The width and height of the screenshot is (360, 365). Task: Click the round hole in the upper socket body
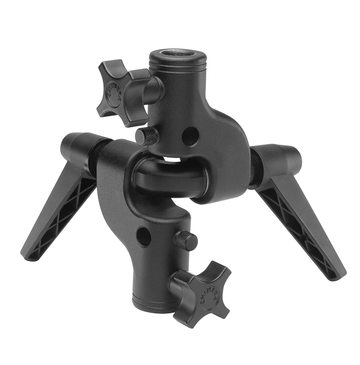pyautogui.click(x=190, y=136)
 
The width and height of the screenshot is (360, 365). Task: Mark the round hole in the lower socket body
pyautogui.click(x=143, y=237)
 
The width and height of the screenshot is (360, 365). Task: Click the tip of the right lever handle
pyautogui.click(x=338, y=273)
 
